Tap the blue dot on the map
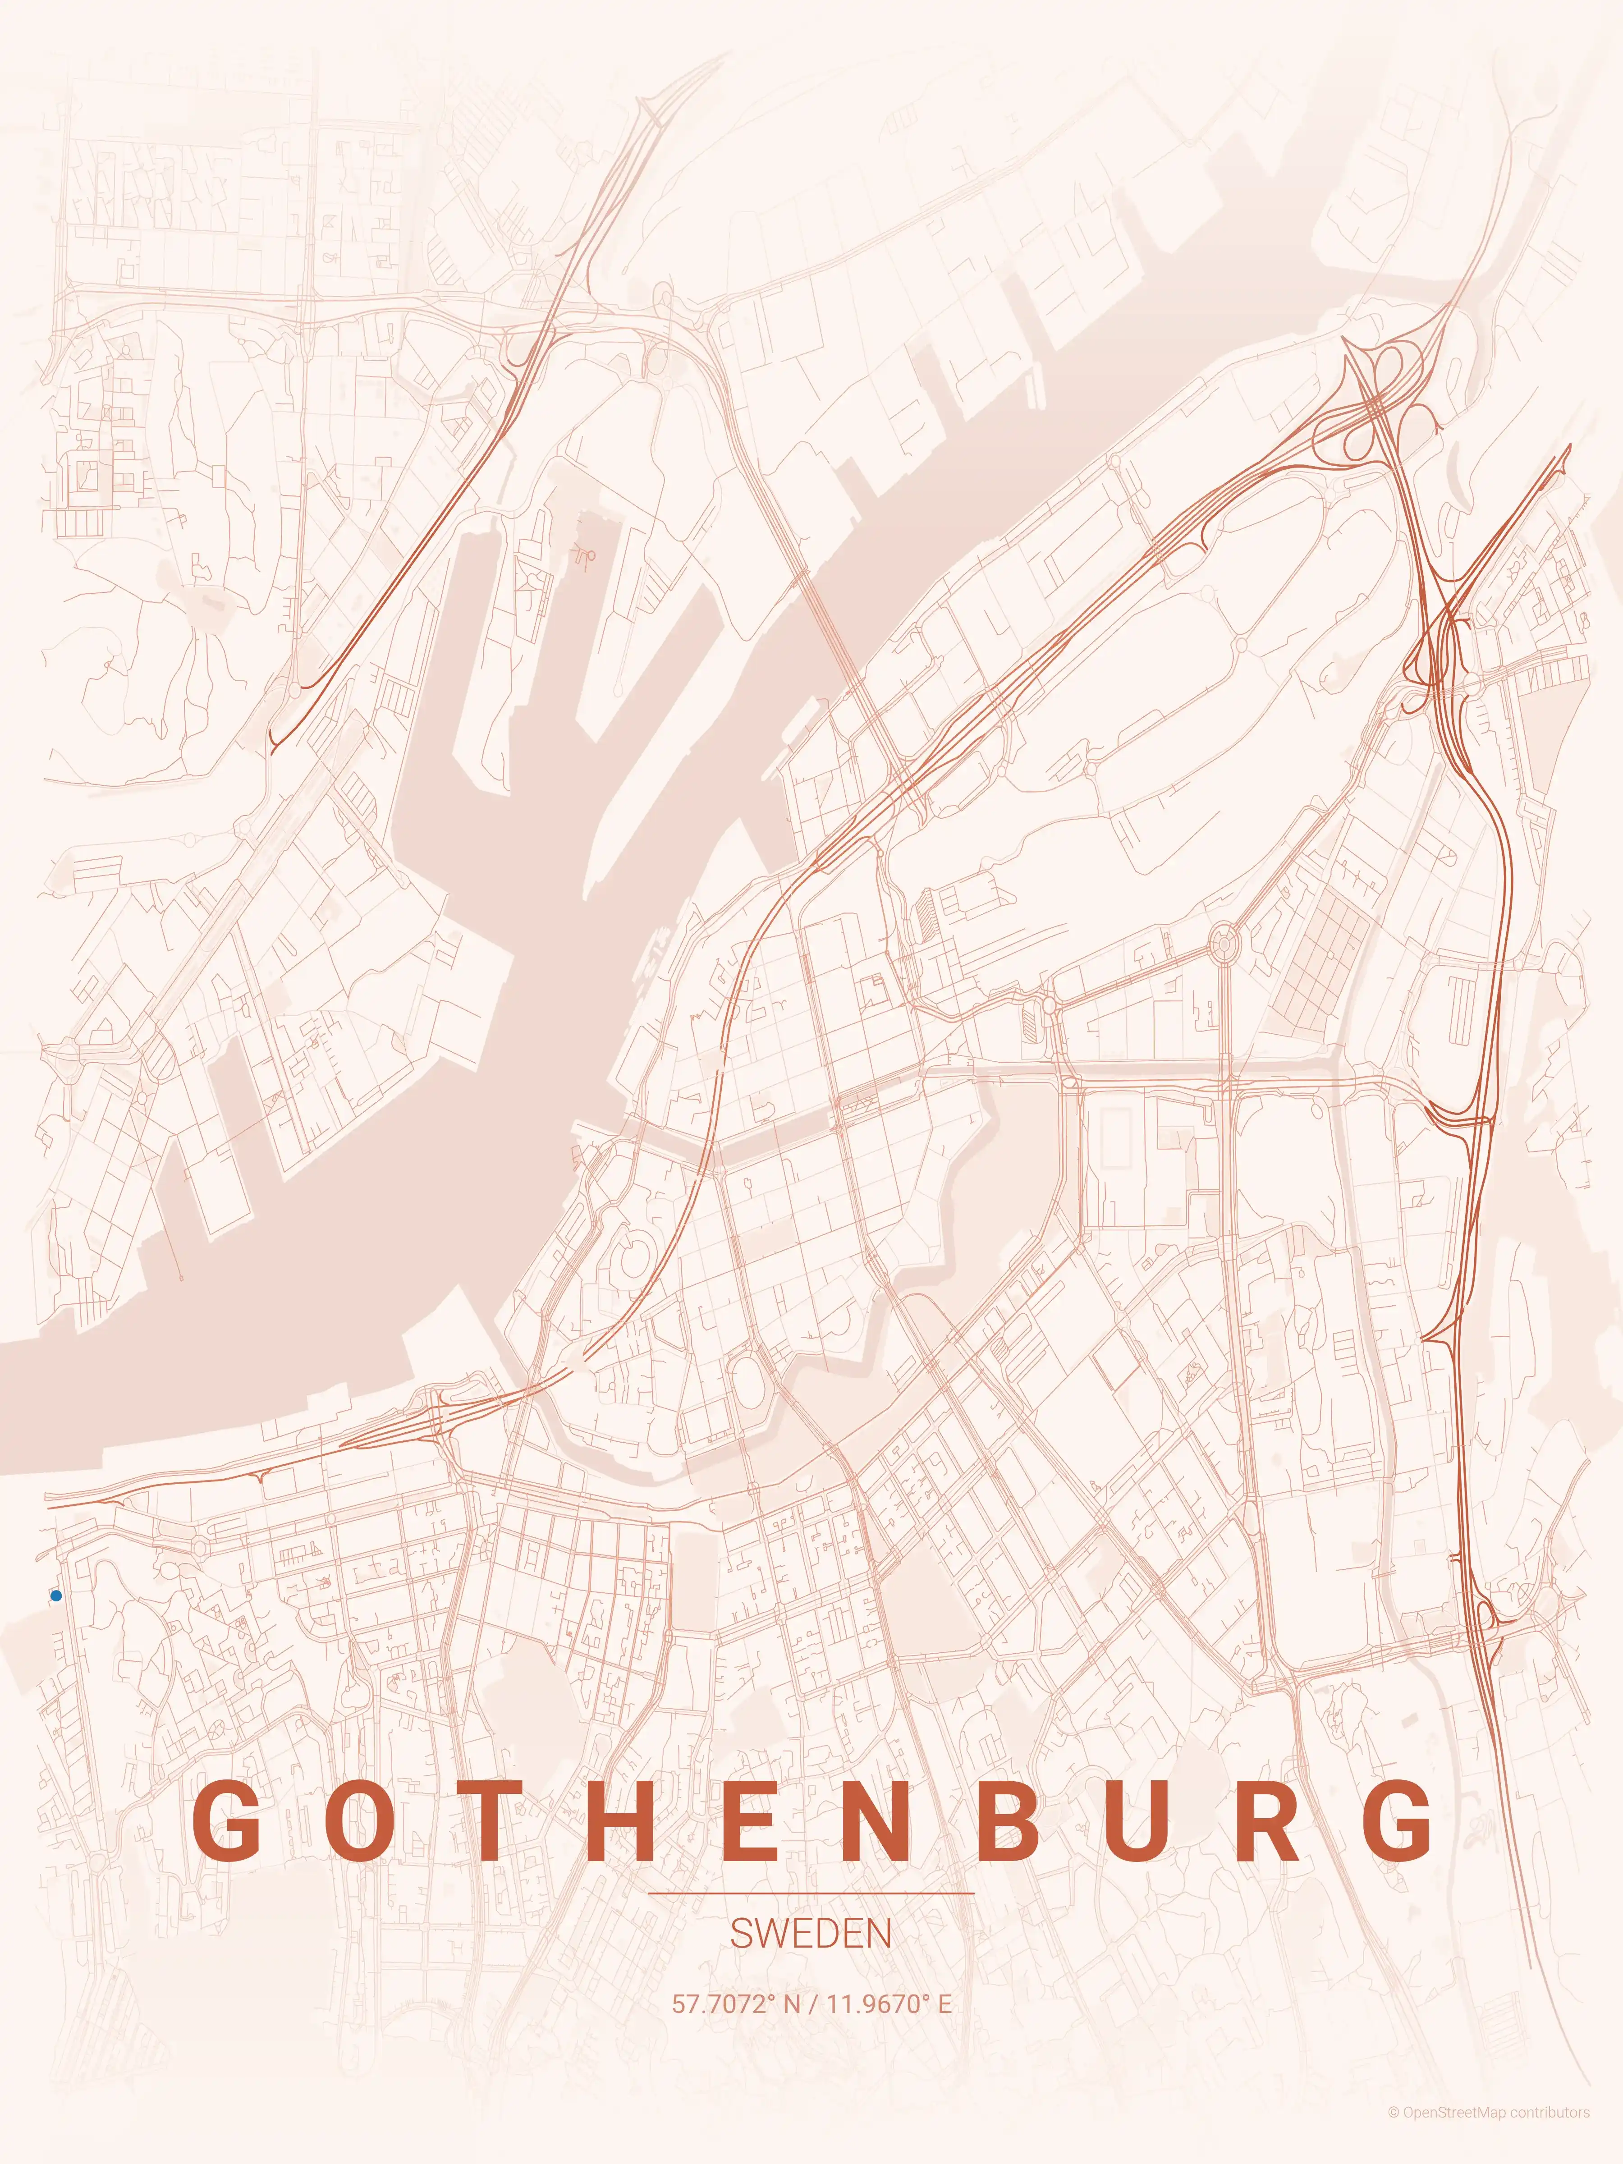pyautogui.click(x=56, y=1595)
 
